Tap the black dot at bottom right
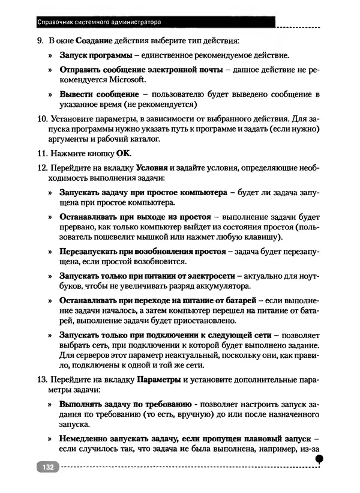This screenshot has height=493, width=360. pyautogui.click(x=319, y=459)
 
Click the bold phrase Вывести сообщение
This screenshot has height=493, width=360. pyautogui.click(x=98, y=94)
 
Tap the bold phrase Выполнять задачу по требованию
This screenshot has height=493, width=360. pyautogui.click(x=125, y=405)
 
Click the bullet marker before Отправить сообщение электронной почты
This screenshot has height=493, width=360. pyautogui.click(x=50, y=70)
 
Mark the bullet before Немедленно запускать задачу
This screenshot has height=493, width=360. pyautogui.click(x=50, y=439)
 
